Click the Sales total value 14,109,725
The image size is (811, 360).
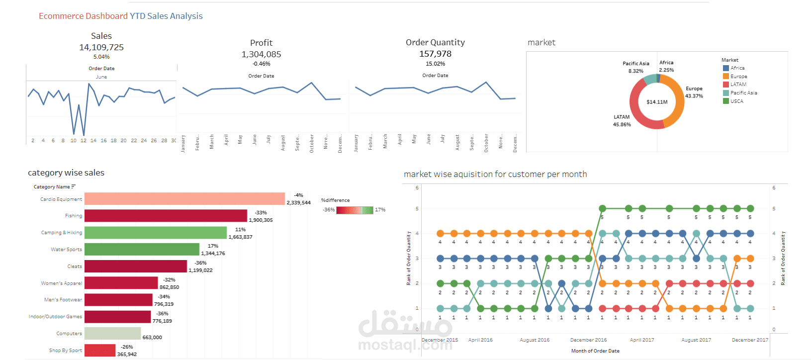pos(101,47)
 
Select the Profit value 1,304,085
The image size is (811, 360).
pos(261,54)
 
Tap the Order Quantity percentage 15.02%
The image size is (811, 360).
pos(435,64)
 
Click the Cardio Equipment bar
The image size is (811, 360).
pos(184,199)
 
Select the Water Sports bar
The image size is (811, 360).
pos(142,249)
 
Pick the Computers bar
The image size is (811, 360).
pos(112,333)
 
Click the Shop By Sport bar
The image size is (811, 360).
pos(100,350)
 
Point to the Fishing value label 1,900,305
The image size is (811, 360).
pos(261,220)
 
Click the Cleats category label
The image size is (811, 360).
pos(75,267)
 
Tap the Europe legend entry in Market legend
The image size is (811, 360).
pos(738,77)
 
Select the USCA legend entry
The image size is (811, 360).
pos(736,101)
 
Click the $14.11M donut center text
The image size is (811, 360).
pos(657,102)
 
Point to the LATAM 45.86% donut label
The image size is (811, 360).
pos(622,121)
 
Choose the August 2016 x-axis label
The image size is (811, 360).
pos(535,340)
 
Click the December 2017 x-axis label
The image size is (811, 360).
pos(750,340)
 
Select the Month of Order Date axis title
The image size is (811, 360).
pos(595,351)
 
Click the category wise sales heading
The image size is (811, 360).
pos(66,173)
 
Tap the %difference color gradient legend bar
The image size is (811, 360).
pos(355,210)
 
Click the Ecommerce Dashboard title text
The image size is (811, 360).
pos(83,16)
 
